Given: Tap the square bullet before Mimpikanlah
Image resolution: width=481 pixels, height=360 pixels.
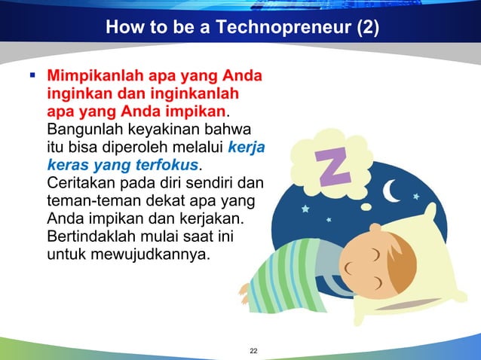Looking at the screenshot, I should click(x=33, y=76).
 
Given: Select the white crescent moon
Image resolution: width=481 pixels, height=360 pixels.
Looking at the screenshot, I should click(x=392, y=193).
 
